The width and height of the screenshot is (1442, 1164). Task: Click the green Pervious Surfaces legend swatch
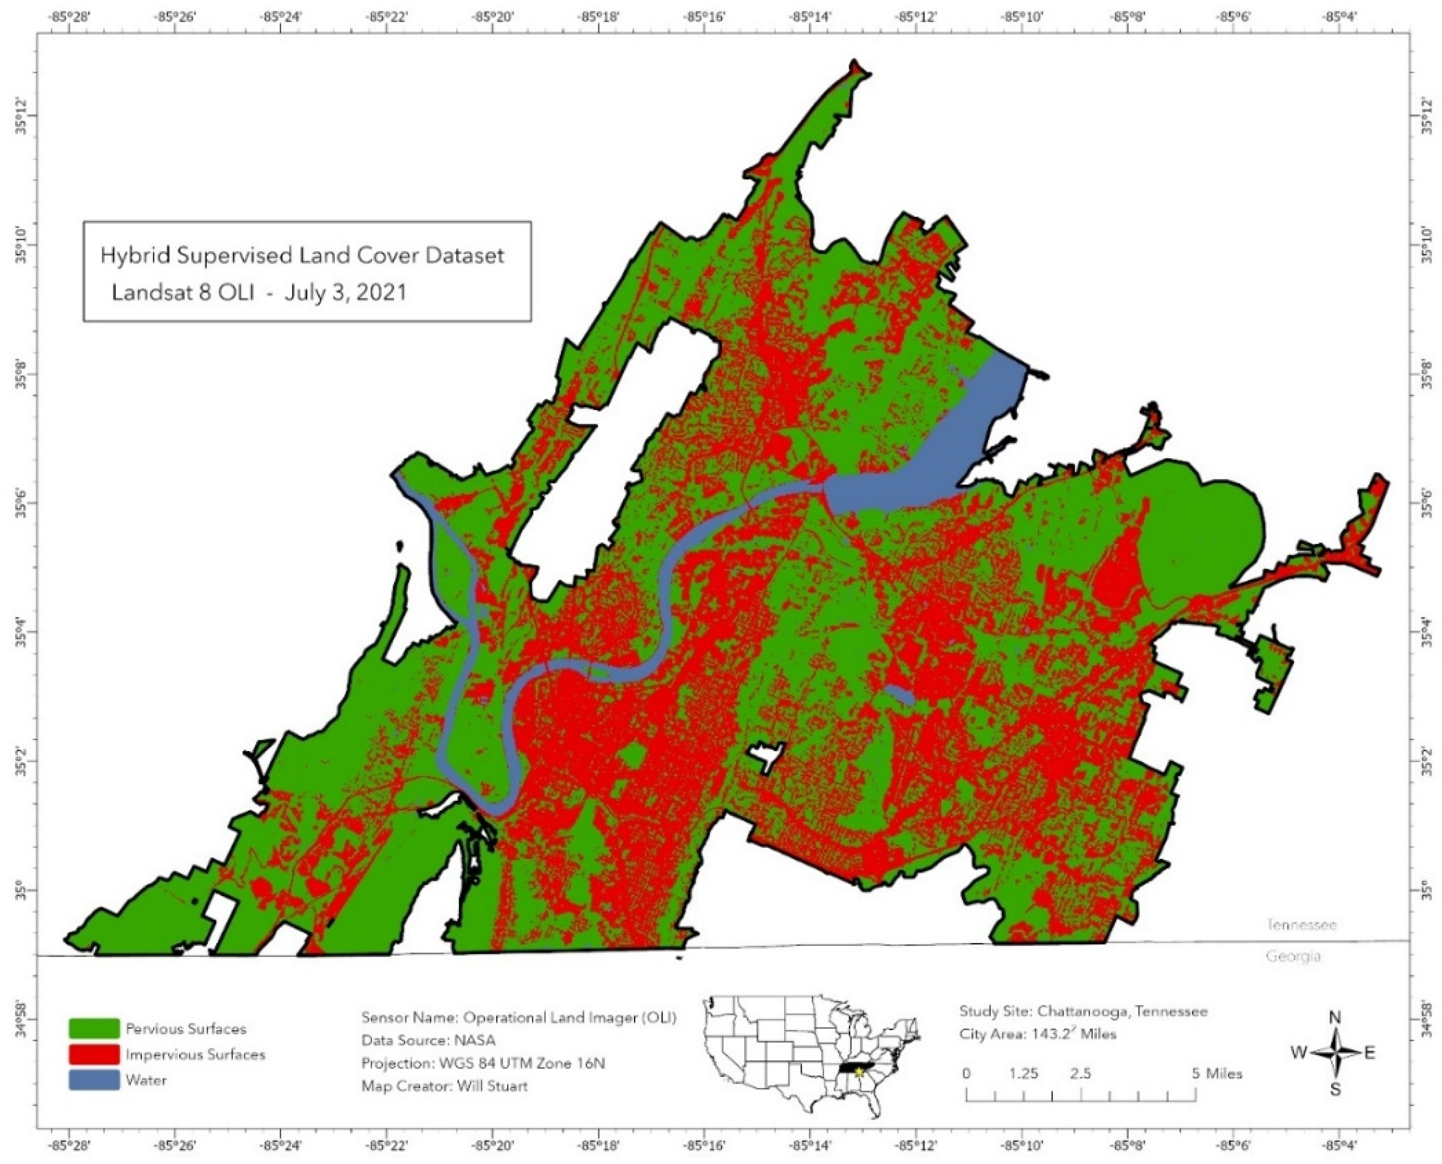(x=94, y=1028)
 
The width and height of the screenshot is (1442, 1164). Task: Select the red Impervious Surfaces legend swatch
(x=94, y=1055)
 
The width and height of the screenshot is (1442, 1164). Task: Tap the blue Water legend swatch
(x=94, y=1080)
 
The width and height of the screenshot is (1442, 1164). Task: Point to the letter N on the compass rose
(x=1334, y=1018)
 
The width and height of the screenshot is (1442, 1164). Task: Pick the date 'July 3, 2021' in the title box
(x=345, y=293)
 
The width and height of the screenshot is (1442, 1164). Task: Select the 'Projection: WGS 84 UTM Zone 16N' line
(x=482, y=1063)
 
